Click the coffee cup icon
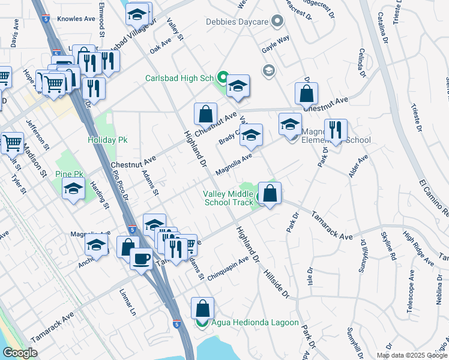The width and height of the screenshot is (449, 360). tap(141, 259)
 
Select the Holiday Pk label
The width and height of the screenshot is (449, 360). tap(107, 140)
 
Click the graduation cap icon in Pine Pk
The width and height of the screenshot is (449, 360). tap(73, 188)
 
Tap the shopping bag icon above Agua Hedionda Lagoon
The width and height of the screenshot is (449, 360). tap(202, 308)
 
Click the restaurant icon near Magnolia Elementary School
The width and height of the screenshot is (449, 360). tap(335, 130)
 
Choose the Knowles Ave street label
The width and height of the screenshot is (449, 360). tap(76, 19)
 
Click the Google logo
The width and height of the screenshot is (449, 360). tap(20, 353)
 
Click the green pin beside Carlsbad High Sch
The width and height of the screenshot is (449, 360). tap(221, 78)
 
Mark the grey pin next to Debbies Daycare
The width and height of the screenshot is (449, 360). tap(277, 22)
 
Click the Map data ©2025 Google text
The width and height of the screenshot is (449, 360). tap(411, 355)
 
